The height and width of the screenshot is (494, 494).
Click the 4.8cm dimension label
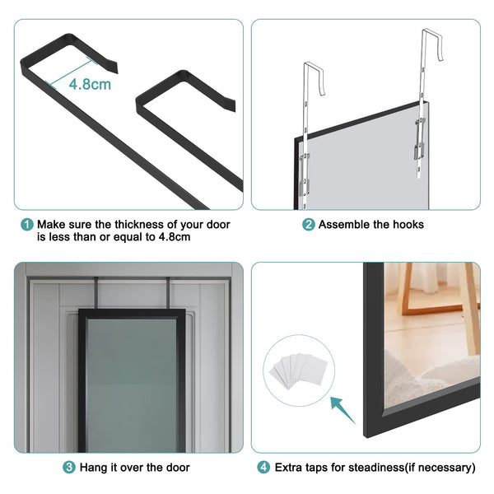click(89, 84)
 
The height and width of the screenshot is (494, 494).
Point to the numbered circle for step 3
click(69, 468)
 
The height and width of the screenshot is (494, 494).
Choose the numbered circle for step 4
click(262, 468)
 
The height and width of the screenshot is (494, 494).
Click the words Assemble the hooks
click(371, 225)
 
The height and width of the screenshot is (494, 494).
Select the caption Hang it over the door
click(134, 468)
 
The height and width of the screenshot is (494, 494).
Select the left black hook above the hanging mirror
click(99, 293)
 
